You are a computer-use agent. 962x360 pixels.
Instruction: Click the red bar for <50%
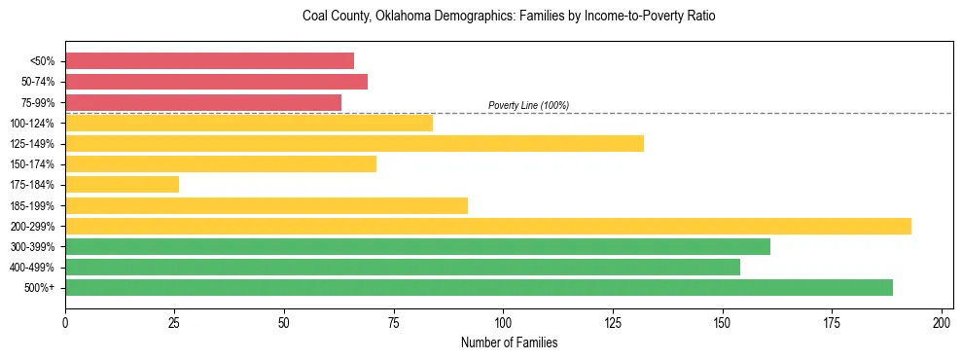click(x=209, y=61)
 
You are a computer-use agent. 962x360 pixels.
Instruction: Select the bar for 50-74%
click(x=216, y=82)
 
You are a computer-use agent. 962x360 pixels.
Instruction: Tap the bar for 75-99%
click(x=203, y=102)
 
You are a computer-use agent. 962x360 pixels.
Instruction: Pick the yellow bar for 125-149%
click(x=354, y=144)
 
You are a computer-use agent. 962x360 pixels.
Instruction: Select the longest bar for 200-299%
click(x=487, y=226)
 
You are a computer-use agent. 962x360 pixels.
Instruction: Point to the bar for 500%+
click(x=479, y=288)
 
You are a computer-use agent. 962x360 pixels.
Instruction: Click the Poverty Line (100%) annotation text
click(x=528, y=105)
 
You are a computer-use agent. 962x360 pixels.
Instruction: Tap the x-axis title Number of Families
click(x=509, y=342)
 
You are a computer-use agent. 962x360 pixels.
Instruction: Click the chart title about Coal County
click(x=509, y=17)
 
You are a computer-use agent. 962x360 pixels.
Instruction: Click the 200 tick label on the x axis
click(x=942, y=322)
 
